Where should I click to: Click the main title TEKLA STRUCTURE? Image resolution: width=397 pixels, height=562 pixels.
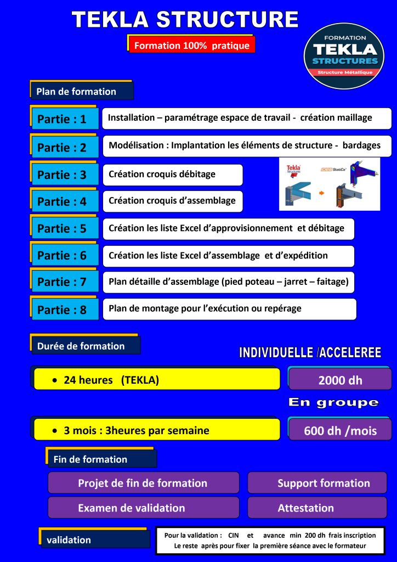(185, 20)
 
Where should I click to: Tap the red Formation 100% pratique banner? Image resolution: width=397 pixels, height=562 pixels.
(192, 46)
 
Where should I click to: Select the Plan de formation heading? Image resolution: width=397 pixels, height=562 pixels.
(81, 92)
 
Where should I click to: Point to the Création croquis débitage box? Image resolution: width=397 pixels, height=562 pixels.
(172, 175)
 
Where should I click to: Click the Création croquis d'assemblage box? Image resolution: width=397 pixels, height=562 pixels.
(172, 201)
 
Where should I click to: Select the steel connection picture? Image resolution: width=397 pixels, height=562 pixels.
(329, 184)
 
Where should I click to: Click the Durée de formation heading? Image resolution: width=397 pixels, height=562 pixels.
(85, 346)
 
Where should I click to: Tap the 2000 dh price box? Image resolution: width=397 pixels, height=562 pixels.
(340, 380)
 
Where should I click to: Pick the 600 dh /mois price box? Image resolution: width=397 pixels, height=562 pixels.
(340, 430)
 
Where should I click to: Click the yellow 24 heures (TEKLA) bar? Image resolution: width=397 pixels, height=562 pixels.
(157, 379)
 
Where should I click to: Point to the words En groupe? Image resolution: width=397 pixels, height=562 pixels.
(333, 402)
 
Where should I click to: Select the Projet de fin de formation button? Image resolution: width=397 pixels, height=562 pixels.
(143, 483)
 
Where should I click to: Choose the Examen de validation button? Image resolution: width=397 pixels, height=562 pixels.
(143, 508)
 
